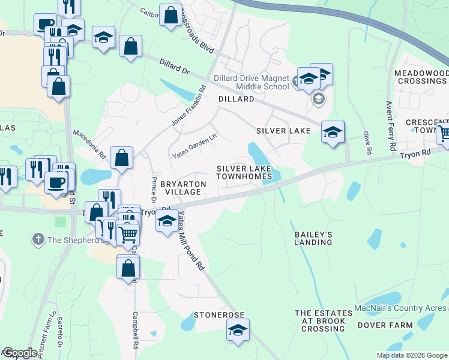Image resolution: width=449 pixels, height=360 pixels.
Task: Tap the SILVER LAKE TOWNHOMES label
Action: [x=248, y=173]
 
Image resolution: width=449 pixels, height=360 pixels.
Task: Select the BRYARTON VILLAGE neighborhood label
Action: [x=183, y=188]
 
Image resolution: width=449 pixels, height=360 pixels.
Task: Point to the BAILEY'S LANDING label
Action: [x=313, y=238]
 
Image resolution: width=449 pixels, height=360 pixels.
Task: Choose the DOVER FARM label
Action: [x=385, y=326]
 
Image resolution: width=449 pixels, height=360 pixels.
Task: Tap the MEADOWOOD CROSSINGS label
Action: [x=421, y=77]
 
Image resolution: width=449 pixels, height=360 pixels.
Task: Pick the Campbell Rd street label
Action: [x=136, y=330]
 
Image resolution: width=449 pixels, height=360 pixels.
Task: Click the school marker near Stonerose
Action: [x=238, y=329]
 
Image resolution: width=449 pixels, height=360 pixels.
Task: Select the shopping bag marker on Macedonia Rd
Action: [x=121, y=158]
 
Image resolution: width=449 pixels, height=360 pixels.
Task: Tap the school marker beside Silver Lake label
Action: [x=333, y=132]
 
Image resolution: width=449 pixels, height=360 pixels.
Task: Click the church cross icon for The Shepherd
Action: [x=37, y=240]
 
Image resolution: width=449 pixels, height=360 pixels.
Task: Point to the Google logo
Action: [x=19, y=353]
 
